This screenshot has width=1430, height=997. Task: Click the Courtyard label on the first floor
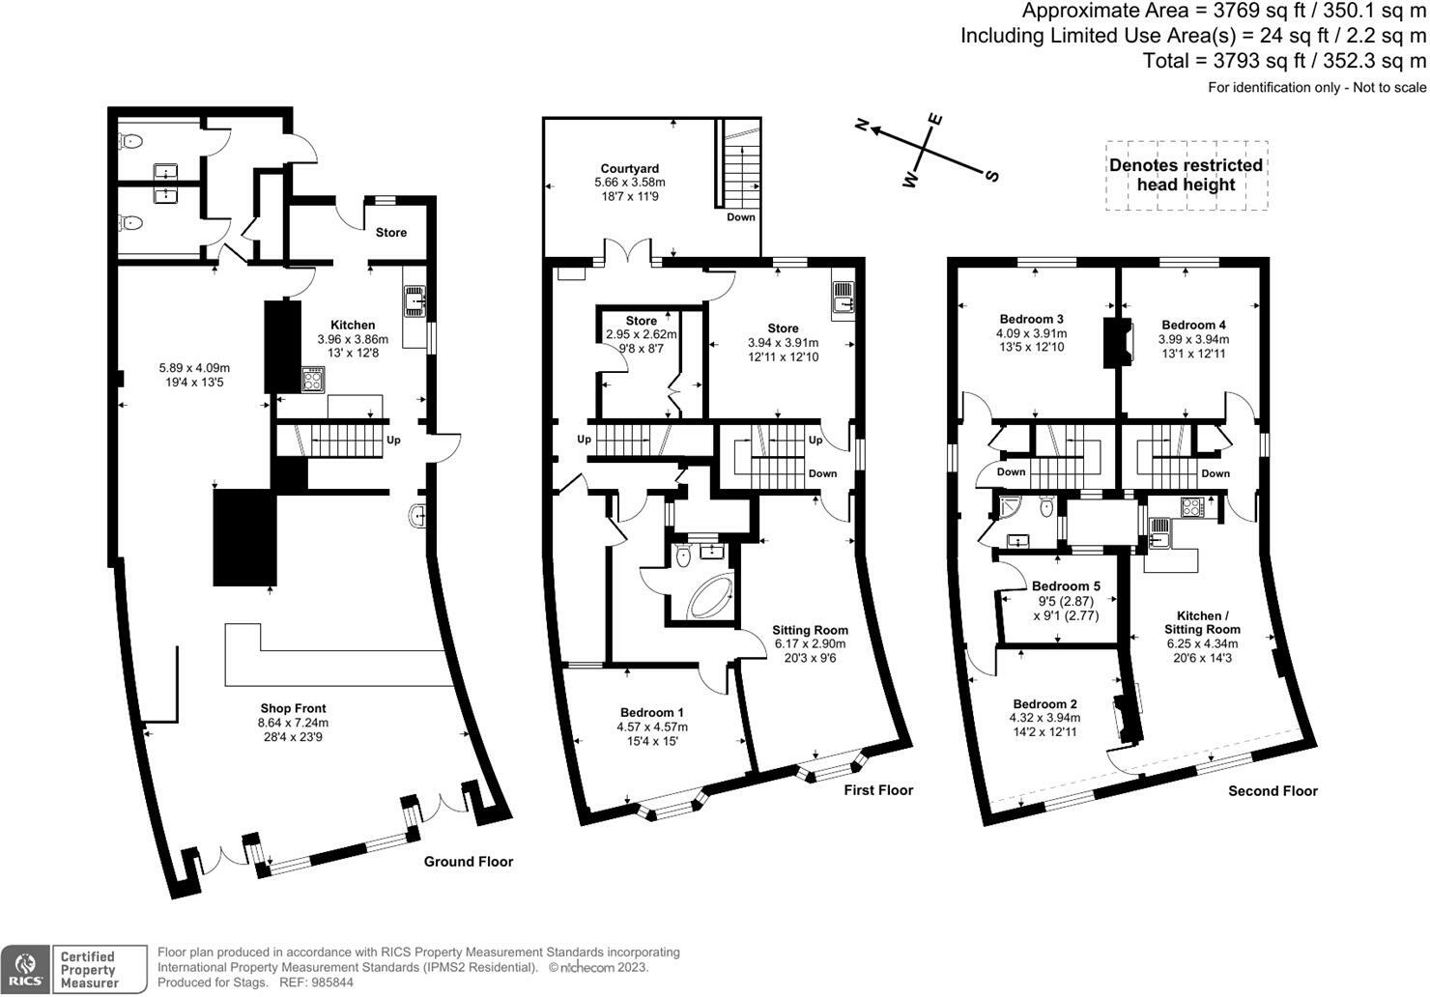coord(629,169)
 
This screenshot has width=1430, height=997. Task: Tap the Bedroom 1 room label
coord(653,712)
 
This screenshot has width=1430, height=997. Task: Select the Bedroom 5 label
coord(1066,586)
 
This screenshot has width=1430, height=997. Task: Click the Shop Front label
coord(293,708)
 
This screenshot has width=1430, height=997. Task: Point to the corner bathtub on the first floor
coord(710,598)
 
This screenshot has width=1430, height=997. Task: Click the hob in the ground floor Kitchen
coord(313,379)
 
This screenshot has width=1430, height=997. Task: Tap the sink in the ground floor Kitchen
coord(415,299)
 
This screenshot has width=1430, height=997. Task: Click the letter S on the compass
coord(991,176)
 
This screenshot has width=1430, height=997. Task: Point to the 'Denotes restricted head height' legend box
coord(1186,175)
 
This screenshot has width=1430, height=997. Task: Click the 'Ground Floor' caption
coord(469,862)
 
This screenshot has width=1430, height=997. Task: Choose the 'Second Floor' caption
coord(1273,791)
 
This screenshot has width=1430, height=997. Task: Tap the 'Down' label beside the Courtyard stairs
coord(741,217)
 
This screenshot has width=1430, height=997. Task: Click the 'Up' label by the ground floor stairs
coord(393,441)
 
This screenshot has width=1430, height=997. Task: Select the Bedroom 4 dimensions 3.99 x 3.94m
coord(1193,340)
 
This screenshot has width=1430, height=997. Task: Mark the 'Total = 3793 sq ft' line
coord(1284,61)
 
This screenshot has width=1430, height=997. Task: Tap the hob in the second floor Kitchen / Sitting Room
coord(1189,505)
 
